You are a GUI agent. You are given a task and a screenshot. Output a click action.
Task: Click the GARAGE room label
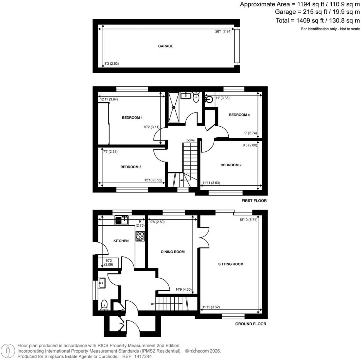165,46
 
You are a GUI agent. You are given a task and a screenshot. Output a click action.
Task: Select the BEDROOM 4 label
239,115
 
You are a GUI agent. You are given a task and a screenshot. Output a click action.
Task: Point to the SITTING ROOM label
231,264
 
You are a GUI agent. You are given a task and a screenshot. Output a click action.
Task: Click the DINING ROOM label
173,252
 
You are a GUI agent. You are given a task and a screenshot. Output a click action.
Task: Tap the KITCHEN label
121,241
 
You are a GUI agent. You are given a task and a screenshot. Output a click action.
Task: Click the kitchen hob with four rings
139,236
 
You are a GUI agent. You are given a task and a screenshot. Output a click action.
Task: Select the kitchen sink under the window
121,220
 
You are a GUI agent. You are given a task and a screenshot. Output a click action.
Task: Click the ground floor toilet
104,304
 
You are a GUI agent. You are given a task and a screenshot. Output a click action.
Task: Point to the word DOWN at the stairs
191,140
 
